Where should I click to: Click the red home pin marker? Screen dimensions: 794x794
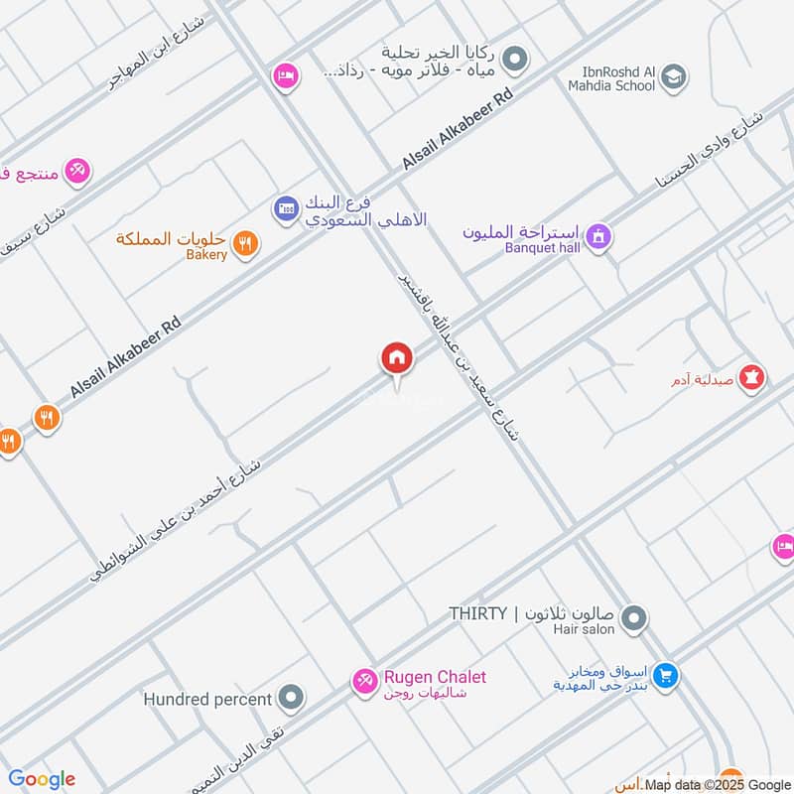[x=397, y=358]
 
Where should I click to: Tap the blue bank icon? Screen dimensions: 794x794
[x=286, y=208]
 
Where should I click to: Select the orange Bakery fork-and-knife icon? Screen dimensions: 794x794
[x=246, y=240]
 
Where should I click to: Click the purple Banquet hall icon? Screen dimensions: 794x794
[x=598, y=237]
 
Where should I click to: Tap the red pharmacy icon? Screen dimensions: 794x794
[x=751, y=378]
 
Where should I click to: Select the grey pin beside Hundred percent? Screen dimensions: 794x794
[x=291, y=699]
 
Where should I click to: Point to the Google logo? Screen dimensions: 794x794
[x=42, y=779]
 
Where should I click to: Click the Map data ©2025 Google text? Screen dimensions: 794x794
[x=718, y=784]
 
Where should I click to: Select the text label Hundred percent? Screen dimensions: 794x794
[x=207, y=699]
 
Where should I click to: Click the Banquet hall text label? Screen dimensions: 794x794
[x=542, y=247]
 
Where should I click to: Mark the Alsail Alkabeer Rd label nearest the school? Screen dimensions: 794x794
[x=458, y=130]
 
